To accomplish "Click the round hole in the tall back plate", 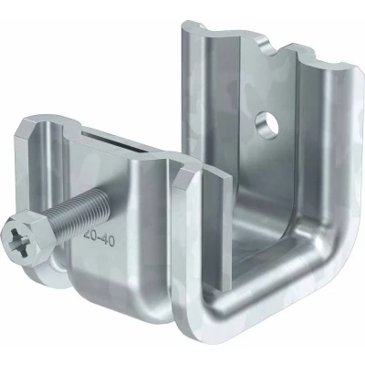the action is pyautogui.click(x=267, y=125).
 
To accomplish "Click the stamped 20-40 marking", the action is pyautogui.click(x=99, y=240).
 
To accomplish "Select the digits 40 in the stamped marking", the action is pyautogui.click(x=107, y=242).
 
